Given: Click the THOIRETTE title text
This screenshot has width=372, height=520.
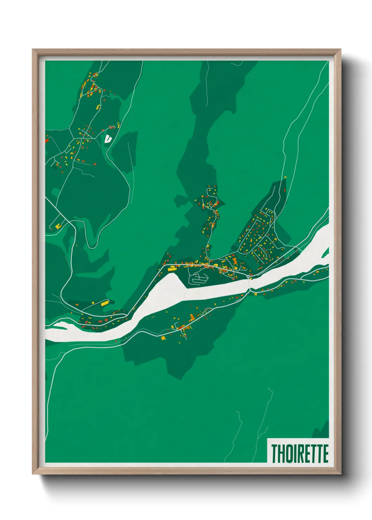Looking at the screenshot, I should pyautogui.click(x=300, y=453).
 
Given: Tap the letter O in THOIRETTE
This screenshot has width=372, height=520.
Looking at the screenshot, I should pyautogui.click(x=287, y=453).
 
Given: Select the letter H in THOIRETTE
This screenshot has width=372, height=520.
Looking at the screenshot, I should pyautogui.click(x=280, y=453).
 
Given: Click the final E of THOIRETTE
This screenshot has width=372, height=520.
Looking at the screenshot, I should pyautogui.click(x=325, y=453).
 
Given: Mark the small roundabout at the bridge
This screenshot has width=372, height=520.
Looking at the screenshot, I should pyautogui.click(x=249, y=277).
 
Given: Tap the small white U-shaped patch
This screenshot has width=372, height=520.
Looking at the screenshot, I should pyautogui.click(x=108, y=138).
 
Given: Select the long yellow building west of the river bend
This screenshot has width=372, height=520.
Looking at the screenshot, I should pyautogui.click(x=105, y=303).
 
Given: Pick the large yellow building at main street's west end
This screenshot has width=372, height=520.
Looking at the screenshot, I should pyautogui.click(x=172, y=269).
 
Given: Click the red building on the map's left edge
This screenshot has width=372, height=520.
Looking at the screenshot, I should pyautogui.click(x=47, y=140).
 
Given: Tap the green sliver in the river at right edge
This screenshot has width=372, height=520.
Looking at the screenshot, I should pyautogui.click(x=327, y=251).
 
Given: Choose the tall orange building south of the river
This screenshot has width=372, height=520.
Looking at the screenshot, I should pyautogui.click(x=192, y=318).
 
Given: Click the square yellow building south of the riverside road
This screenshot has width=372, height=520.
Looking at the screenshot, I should pyautogui.click(x=163, y=338).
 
